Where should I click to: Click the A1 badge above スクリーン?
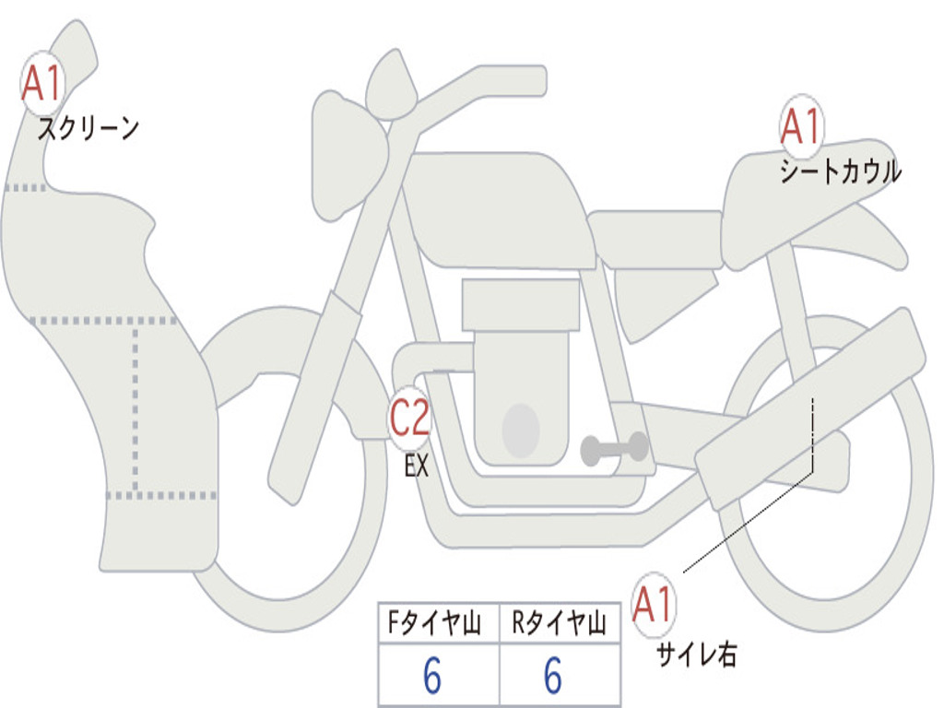[42, 83]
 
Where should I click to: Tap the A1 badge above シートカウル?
[801, 125]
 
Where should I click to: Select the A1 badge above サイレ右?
[653, 604]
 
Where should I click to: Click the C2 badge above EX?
[410, 418]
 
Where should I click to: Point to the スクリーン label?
[88, 128]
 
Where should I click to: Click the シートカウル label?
[841, 171]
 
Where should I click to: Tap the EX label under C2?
[417, 466]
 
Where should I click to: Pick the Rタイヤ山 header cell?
[560, 622]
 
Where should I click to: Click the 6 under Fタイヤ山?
[432, 675]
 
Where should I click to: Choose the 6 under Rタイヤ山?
[553, 675]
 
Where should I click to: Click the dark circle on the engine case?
[521, 431]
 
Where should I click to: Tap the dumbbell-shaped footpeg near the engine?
[614, 449]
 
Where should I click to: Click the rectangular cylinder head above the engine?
[521, 305]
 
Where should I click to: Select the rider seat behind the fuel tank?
[655, 239]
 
